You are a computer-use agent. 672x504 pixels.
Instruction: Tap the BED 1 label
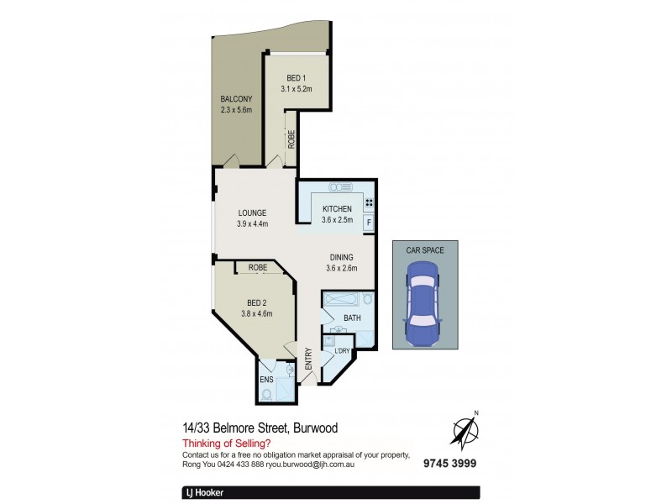[x=296, y=77]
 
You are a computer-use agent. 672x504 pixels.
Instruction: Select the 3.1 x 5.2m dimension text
[x=296, y=88]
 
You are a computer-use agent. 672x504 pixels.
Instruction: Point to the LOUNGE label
[x=252, y=213]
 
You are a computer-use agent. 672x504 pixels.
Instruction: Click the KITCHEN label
[x=336, y=209]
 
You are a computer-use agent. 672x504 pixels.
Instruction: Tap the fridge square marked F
[x=368, y=223]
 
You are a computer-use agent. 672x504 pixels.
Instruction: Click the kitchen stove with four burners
[x=368, y=202]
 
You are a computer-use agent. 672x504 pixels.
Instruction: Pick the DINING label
[x=342, y=257]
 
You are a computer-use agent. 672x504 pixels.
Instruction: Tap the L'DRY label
[x=343, y=350]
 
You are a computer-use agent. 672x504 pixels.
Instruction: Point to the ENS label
[x=265, y=379]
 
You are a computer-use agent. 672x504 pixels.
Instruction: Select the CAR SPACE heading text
[x=426, y=249]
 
